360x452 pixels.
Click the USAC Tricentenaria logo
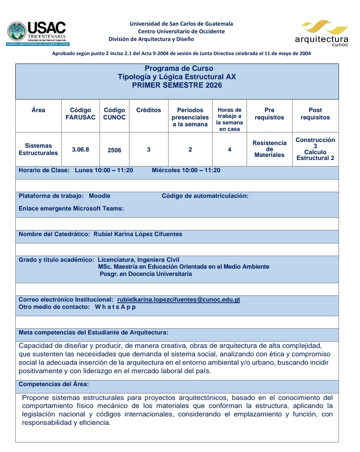click(37, 33)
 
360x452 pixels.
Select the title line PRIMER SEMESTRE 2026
click(177, 85)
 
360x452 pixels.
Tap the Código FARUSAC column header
click(80, 114)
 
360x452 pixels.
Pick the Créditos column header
click(149, 110)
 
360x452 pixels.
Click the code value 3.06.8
click(80, 150)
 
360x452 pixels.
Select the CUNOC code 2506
click(115, 150)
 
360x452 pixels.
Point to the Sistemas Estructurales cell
click(38, 149)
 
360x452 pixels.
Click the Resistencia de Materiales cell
click(269, 149)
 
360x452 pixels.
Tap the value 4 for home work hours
click(229, 150)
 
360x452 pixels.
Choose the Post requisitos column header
click(315, 114)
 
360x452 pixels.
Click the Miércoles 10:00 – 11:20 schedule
click(186, 170)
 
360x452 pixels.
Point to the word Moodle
click(100, 196)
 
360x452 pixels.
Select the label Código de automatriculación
click(205, 196)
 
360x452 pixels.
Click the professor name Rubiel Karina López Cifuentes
click(138, 234)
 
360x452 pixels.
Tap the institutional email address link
click(178, 300)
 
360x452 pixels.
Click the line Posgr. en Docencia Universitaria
click(146, 274)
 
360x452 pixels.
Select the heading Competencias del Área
click(54, 384)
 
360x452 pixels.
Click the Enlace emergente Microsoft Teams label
click(71, 209)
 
